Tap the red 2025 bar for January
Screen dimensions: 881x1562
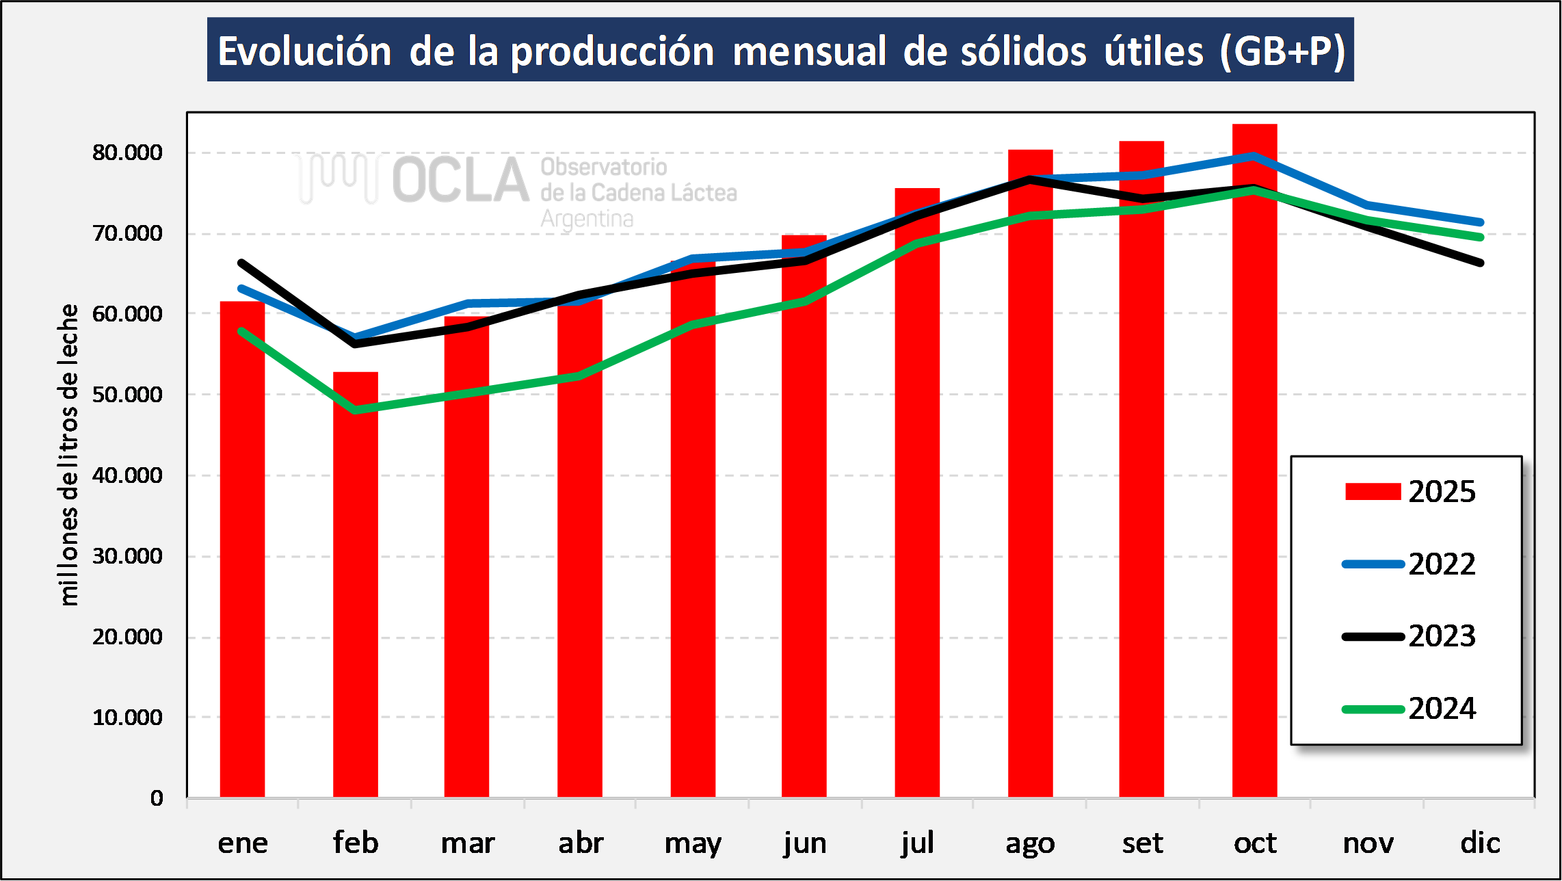pyautogui.click(x=242, y=547)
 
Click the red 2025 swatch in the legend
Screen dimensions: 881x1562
pyautogui.click(x=1373, y=492)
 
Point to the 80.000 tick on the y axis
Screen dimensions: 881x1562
pyautogui.click(x=127, y=153)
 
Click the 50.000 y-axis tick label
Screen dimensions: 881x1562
pyautogui.click(x=127, y=395)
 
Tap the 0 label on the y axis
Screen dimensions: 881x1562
pyautogui.click(x=157, y=798)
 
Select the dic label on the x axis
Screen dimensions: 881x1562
pyautogui.click(x=1480, y=843)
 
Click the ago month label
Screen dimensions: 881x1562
pyautogui.click(x=1030, y=844)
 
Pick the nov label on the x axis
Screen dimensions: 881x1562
pyautogui.click(x=1368, y=843)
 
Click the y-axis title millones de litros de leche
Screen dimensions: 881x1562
pyautogui.click(x=68, y=455)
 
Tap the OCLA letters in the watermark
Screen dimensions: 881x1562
pyautogui.click(x=460, y=180)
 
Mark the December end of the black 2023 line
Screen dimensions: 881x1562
pyautogui.click(x=1480, y=263)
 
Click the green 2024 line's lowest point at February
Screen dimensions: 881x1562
pyautogui.click(x=355, y=410)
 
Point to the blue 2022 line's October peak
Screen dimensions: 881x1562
pyautogui.click(x=1253, y=156)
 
